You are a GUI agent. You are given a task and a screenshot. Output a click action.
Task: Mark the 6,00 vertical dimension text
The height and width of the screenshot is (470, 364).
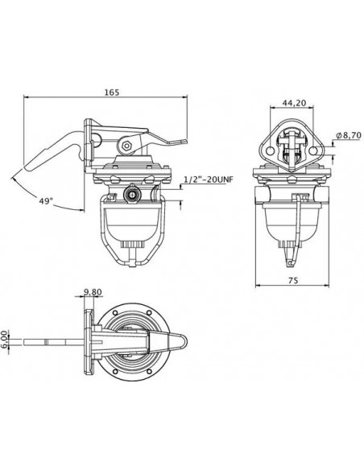pos(6,336)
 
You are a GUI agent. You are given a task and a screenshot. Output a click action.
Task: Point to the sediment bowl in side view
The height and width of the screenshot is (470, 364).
pos(134,221)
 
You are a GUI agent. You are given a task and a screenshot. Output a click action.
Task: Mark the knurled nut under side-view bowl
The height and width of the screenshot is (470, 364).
pos(134,245)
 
